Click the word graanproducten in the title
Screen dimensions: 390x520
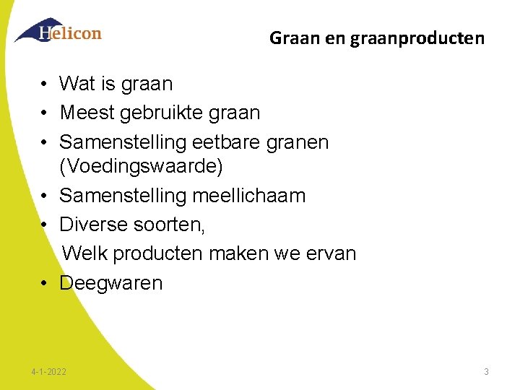coord(417,38)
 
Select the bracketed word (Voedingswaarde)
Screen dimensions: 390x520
coord(142,167)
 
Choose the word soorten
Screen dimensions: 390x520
coord(170,225)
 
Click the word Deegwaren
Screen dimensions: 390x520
coord(111,283)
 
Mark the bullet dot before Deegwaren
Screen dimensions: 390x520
coord(44,283)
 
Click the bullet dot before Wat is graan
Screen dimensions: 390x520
coord(44,84)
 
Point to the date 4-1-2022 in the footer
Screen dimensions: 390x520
coord(49,372)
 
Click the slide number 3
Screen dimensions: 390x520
coord(486,372)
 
